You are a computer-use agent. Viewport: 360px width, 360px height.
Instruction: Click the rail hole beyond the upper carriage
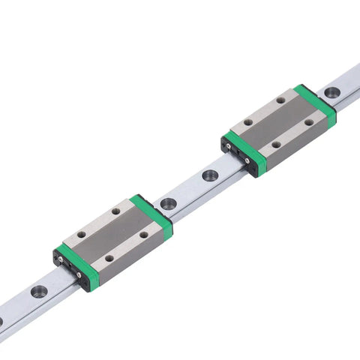point(331,93)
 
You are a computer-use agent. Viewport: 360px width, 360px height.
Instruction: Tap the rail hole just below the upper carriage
point(210,175)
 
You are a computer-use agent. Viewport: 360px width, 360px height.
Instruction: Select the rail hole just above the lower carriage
point(167,203)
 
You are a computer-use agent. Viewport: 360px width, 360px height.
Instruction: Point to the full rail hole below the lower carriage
point(40,291)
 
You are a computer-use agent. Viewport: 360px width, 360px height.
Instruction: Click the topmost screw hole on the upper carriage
point(280,99)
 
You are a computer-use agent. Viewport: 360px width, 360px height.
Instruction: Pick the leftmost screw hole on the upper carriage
point(248,121)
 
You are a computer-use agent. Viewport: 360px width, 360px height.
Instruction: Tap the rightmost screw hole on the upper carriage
point(308,122)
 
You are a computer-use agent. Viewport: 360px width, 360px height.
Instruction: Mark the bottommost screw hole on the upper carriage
point(276,145)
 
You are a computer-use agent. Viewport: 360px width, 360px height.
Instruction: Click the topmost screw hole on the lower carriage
point(115,212)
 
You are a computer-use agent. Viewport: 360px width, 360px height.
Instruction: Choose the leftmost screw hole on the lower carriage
point(81,235)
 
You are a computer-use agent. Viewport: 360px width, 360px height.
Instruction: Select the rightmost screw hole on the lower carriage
point(144,235)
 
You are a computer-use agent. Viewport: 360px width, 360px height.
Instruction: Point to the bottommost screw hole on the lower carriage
point(109,259)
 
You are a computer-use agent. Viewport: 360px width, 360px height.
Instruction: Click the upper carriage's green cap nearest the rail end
point(316,104)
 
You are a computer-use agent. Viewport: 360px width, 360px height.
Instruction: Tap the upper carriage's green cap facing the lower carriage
point(245,153)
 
